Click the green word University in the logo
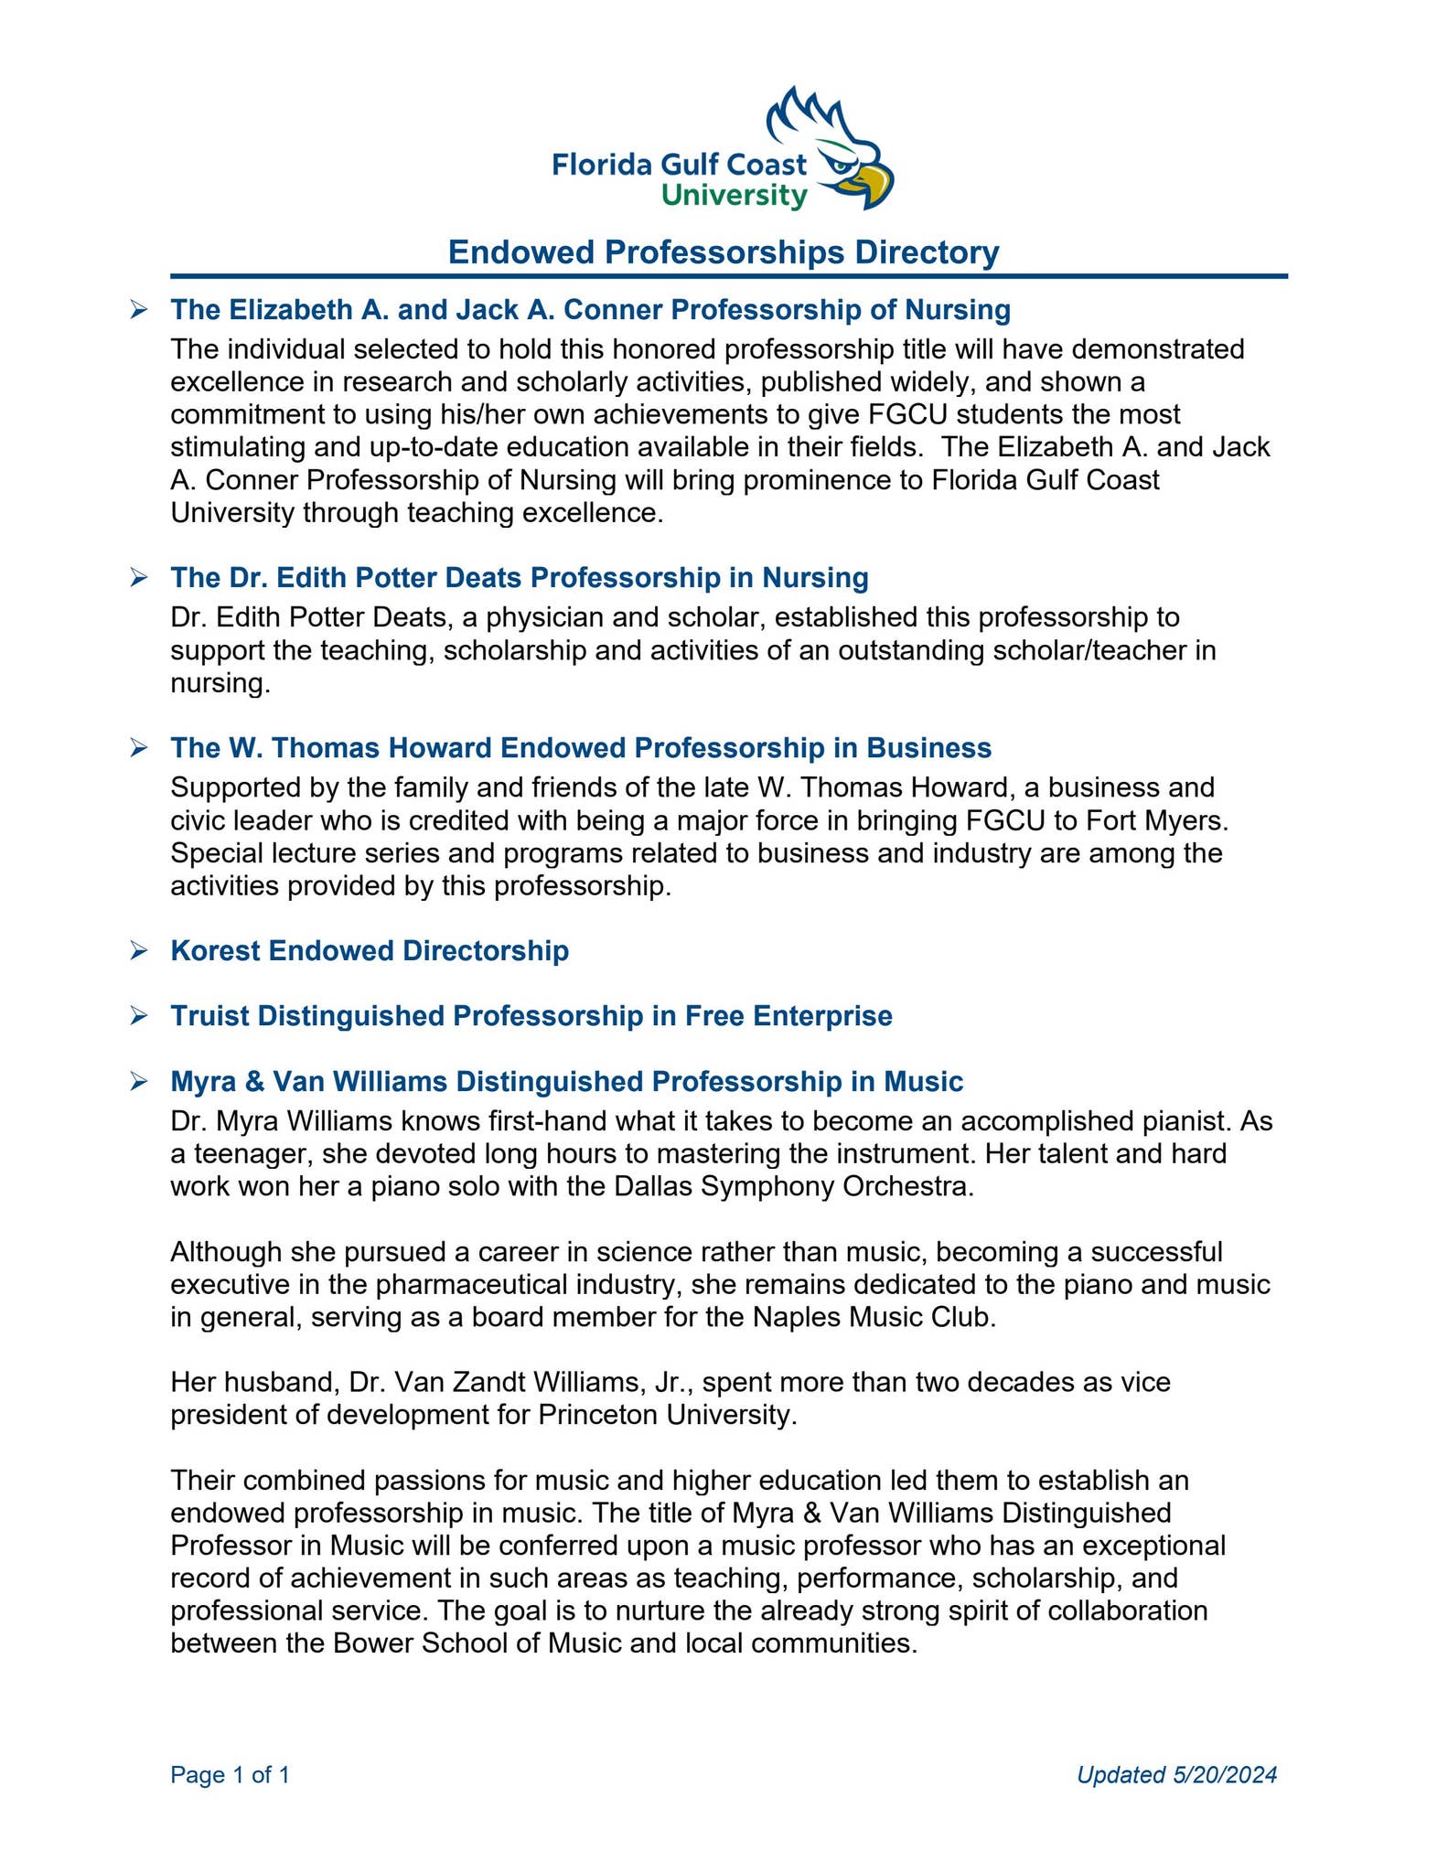[734, 196]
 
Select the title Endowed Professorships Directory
[723, 252]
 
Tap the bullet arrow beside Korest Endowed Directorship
[139, 951]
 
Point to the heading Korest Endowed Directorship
[370, 951]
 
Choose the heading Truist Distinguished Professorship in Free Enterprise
[531, 1016]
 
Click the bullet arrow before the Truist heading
[139, 1016]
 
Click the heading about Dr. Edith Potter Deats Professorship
[520, 578]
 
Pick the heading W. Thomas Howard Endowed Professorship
[581, 748]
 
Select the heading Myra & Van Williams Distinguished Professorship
[567, 1082]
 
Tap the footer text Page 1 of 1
[231, 1775]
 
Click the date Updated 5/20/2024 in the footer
[1176, 1775]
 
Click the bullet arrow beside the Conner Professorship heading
[139, 310]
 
